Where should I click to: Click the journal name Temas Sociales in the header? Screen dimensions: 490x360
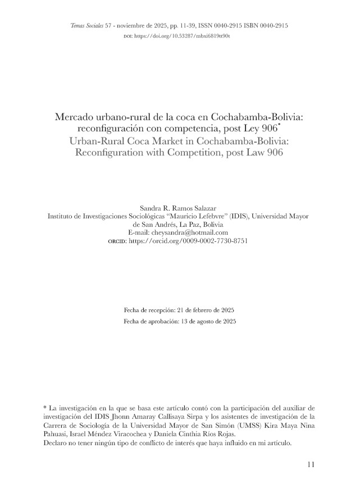pyautogui.click(x=86, y=26)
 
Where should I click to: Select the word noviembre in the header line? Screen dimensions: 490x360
pyautogui.click(x=132, y=26)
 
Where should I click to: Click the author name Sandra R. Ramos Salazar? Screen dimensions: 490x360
pyautogui.click(x=180, y=208)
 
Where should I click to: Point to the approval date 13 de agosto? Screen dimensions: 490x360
pyautogui.click(x=208, y=322)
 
